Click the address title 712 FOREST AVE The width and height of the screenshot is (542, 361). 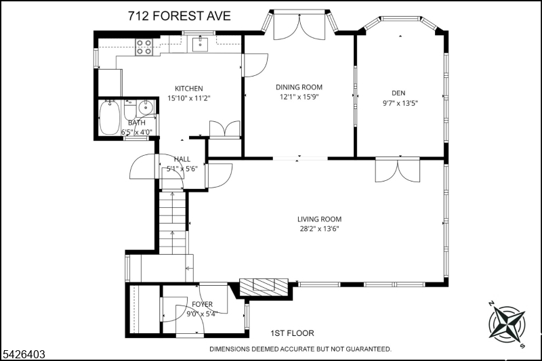(x=179, y=16)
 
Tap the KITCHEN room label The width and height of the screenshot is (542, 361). (x=189, y=89)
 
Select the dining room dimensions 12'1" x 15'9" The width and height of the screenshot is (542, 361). (x=299, y=97)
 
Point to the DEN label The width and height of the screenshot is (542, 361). (x=398, y=93)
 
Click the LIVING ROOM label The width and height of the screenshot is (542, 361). (x=319, y=219)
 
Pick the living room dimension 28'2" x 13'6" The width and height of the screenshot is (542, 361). (x=319, y=229)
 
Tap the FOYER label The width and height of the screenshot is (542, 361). (x=202, y=304)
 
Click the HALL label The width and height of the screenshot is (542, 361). (x=182, y=159)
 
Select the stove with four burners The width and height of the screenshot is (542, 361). (x=144, y=47)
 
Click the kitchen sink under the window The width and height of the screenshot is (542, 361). (x=200, y=44)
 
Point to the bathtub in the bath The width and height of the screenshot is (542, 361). (x=110, y=117)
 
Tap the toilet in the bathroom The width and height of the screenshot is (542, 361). (x=130, y=109)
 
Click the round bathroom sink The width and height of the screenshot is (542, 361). (x=146, y=108)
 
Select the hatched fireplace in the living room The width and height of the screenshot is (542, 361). (x=264, y=287)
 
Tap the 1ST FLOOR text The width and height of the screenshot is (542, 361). (x=292, y=333)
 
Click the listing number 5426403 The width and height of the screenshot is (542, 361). (x=23, y=354)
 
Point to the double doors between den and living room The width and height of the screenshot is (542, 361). (x=398, y=169)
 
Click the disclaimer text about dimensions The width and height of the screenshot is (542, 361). (x=300, y=349)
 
